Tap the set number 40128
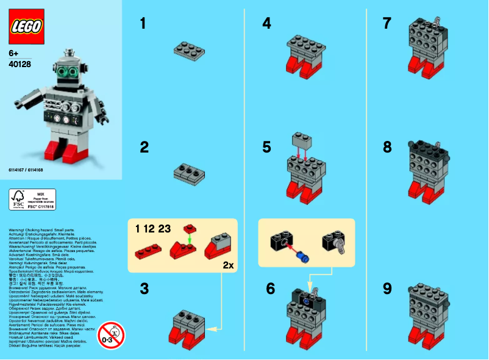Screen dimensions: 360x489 tap(20, 63)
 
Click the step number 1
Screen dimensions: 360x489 tap(143, 24)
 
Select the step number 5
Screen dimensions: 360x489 tap(266, 147)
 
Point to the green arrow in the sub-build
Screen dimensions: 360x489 tap(190, 240)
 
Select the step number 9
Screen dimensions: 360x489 tap(387, 289)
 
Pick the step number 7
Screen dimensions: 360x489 tap(387, 24)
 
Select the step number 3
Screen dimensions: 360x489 tap(144, 289)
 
